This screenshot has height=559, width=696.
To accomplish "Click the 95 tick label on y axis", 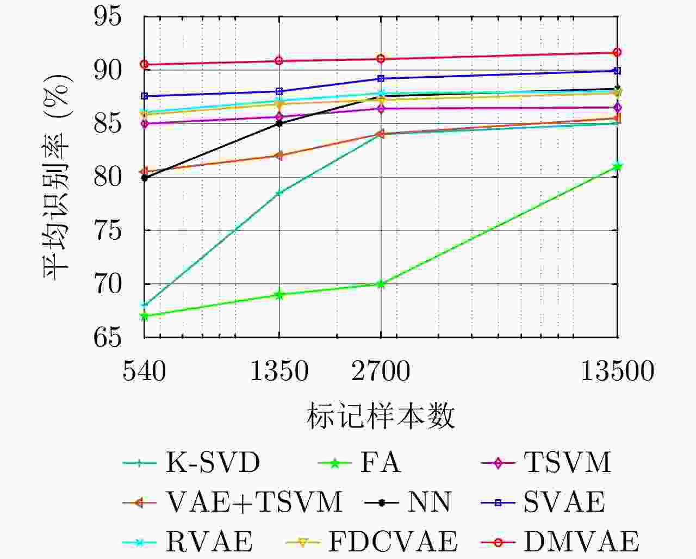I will [x=108, y=16].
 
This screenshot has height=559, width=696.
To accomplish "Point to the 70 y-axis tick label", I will [x=108, y=284].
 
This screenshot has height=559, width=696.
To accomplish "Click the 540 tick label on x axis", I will [x=144, y=372].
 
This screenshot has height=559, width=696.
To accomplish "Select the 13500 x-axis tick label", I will [x=617, y=372].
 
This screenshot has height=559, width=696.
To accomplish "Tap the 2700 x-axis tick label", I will [x=381, y=372].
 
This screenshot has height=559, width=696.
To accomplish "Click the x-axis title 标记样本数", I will [x=381, y=417].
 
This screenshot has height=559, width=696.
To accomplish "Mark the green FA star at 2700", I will [x=381, y=284].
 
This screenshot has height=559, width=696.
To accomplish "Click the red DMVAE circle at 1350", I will [x=279, y=61].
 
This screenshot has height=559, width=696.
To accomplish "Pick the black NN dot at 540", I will [x=145, y=178].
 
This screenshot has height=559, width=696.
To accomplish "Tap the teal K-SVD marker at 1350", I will [x=279, y=193].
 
